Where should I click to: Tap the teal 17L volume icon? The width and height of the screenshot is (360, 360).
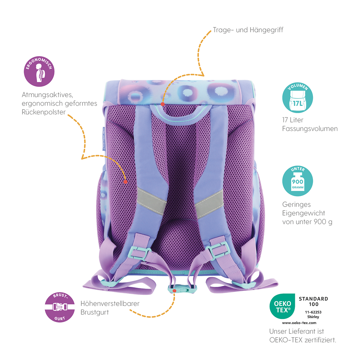pyautogui.click(x=298, y=98)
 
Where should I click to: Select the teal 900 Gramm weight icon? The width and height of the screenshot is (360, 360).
pyautogui.click(x=298, y=179)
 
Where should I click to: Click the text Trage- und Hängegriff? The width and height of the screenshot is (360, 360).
pyautogui.click(x=248, y=30)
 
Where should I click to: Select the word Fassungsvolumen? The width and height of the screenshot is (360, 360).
pyautogui.click(x=310, y=129)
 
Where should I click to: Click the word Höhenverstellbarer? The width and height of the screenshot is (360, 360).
pyautogui.click(x=110, y=303)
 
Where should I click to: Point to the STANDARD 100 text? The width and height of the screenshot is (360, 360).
pyautogui.click(x=314, y=301)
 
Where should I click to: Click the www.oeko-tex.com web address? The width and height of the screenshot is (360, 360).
pyautogui.click(x=299, y=323)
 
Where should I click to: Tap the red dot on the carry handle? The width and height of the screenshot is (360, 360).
pyautogui.click(x=163, y=104)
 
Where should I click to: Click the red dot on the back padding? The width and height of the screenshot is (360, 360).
pyautogui.click(x=125, y=181)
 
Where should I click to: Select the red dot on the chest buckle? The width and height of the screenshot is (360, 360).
pyautogui.click(x=174, y=290)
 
